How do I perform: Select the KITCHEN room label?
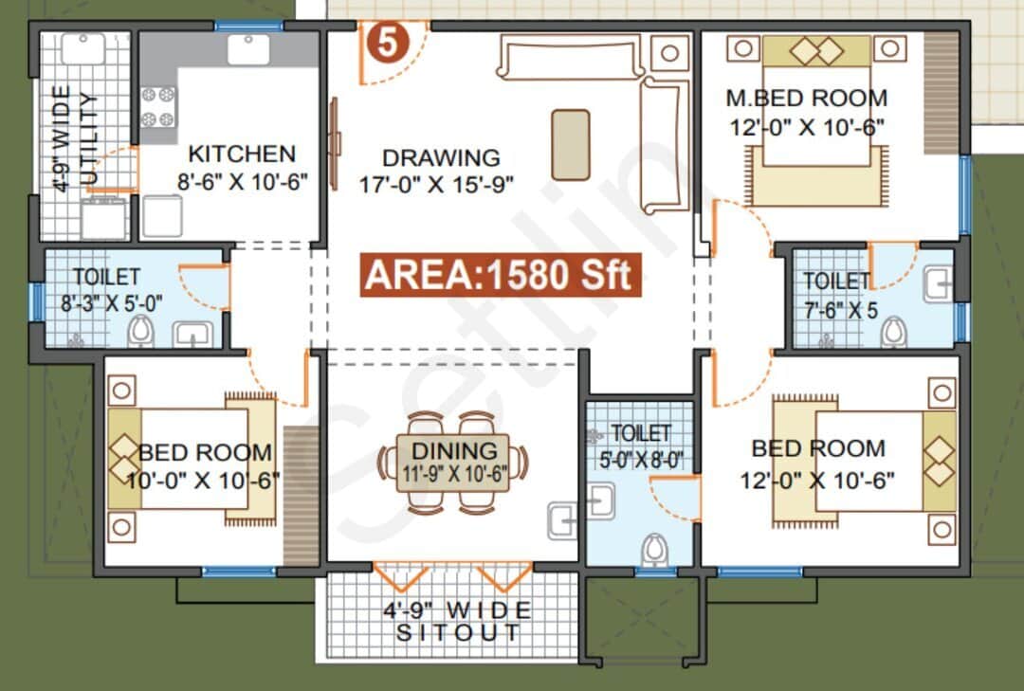point(242,154)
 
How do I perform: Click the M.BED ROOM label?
point(807,98)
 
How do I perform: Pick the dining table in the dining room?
point(453,462)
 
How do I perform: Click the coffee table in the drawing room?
point(570,144)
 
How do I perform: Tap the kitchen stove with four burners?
point(158,107)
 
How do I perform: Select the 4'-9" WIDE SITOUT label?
point(457,620)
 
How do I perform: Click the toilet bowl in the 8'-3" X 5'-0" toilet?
point(140,331)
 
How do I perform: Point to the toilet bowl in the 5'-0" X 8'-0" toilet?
point(654,549)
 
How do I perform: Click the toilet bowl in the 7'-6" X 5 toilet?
point(892,332)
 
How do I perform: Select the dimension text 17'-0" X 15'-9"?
point(436,184)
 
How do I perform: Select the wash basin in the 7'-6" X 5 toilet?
point(937,284)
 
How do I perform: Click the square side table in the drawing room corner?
point(669,52)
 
